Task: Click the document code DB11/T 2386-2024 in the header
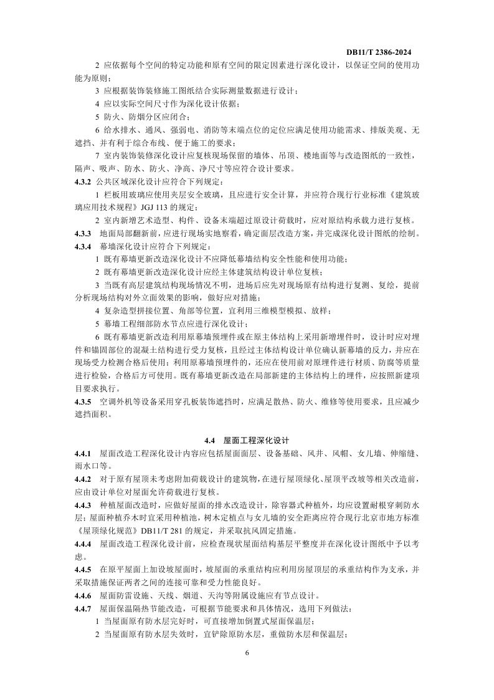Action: (x=379, y=53)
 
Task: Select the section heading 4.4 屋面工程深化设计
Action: (x=247, y=440)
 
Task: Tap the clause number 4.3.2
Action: (x=82, y=181)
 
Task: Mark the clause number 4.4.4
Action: (x=82, y=544)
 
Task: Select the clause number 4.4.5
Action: (x=82, y=570)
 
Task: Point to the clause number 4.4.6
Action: (x=82, y=595)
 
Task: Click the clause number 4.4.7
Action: (x=82, y=608)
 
